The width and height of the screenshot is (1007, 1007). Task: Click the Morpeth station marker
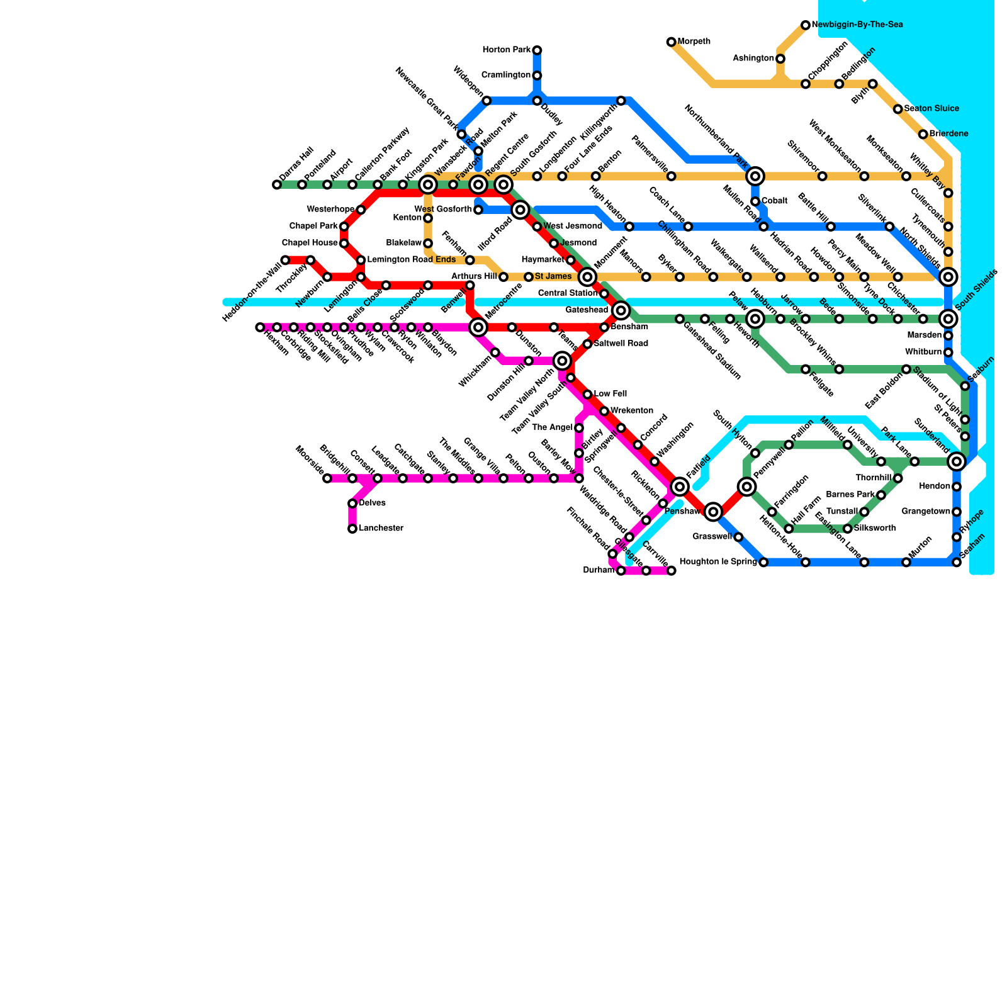tap(671, 42)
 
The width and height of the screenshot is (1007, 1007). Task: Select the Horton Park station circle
tap(537, 50)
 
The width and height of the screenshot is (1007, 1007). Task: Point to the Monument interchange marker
tap(587, 277)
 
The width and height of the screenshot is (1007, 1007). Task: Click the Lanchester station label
tap(381, 529)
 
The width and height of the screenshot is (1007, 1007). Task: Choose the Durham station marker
tap(621, 571)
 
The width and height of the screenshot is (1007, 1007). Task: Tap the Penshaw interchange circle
tap(713, 512)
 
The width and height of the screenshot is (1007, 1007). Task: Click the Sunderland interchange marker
tap(956, 461)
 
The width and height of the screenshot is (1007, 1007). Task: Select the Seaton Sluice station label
tap(931, 109)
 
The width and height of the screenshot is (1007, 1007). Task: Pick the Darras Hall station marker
tap(277, 184)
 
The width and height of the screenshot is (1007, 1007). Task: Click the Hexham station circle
tap(260, 327)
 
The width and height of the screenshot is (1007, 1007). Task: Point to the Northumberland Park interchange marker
tap(755, 176)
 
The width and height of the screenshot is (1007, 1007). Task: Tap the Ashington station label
tap(753, 59)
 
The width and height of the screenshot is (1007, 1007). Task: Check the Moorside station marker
tap(327, 478)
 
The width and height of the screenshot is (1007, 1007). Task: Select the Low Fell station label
tap(610, 394)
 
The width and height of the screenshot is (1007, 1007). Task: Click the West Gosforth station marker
tap(478, 210)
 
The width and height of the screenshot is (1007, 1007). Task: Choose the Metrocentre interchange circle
tap(478, 327)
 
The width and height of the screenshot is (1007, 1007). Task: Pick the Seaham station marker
tap(957, 562)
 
